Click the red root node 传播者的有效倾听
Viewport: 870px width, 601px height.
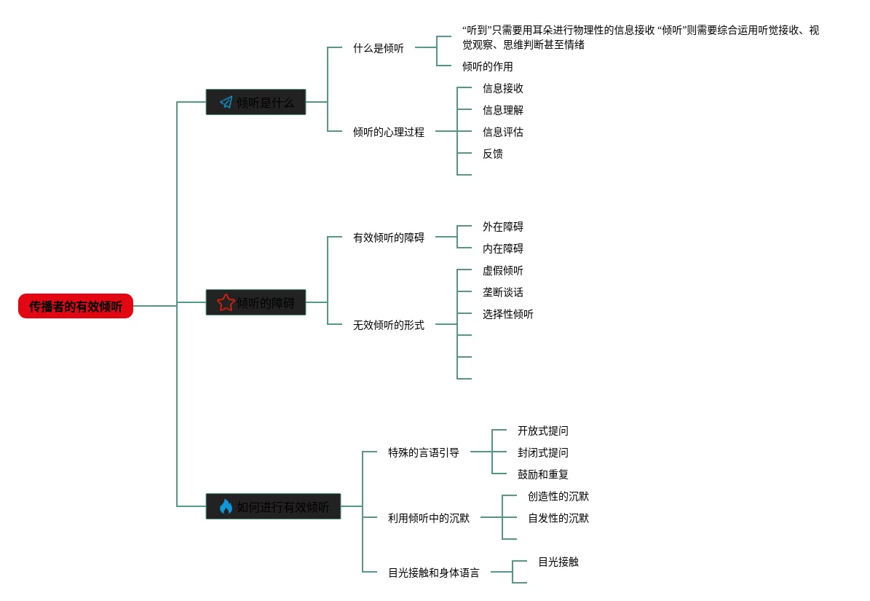[76, 306]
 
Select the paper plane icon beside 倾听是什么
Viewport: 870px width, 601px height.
[226, 102]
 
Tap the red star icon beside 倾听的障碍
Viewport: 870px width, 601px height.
[226, 302]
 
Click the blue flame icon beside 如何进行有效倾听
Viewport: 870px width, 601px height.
[226, 506]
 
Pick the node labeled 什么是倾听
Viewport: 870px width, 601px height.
[379, 48]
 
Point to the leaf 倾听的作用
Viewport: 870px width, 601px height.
[487, 66]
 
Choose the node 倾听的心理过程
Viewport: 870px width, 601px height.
[389, 132]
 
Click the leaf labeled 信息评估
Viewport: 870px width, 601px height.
[502, 132]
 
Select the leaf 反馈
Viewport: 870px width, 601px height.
[492, 154]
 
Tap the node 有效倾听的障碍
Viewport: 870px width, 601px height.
[389, 237]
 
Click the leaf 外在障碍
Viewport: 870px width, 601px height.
[502, 227]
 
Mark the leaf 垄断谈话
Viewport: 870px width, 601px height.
[502, 292]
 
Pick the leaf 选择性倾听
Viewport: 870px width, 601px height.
[507, 314]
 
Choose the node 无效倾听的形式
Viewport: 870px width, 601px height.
[389, 325]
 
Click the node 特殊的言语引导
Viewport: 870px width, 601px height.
[424, 452]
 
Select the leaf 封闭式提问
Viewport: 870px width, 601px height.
[542, 452]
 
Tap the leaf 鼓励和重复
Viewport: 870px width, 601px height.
[542, 474]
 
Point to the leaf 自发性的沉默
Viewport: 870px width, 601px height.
[558, 518]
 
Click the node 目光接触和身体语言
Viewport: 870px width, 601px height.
[434, 573]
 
